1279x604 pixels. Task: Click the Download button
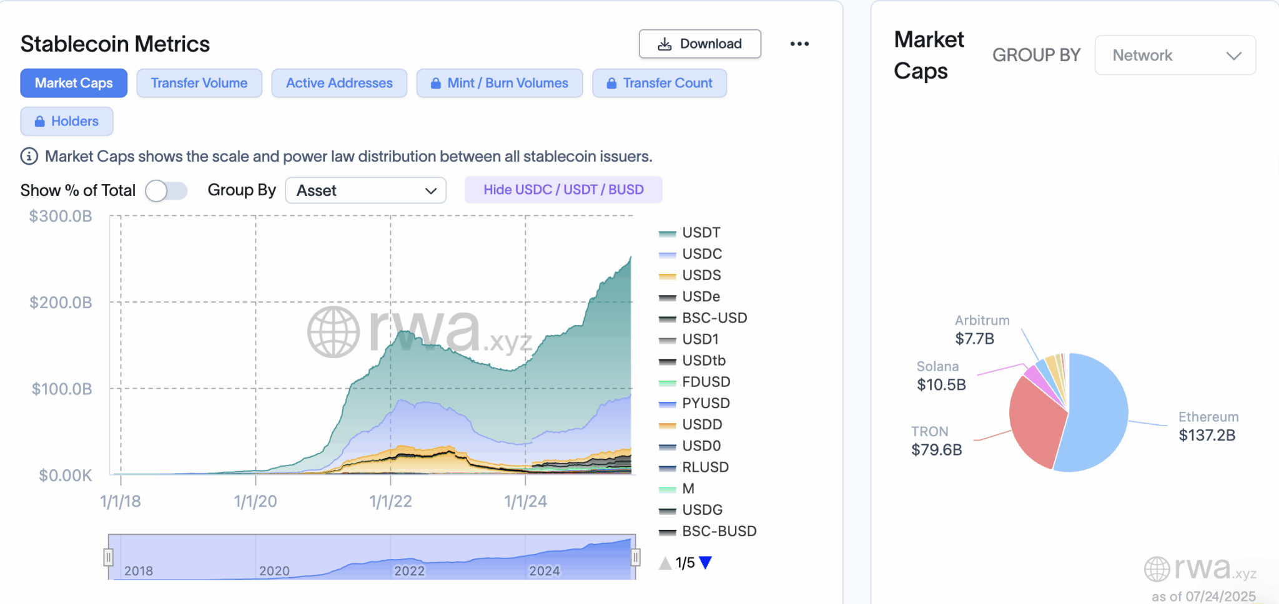[x=699, y=44]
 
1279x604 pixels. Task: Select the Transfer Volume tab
[x=199, y=83]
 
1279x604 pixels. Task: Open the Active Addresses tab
[x=339, y=83]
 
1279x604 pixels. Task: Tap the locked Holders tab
[x=67, y=121]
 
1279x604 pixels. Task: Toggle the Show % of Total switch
[x=166, y=190]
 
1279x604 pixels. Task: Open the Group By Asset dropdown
[x=365, y=190]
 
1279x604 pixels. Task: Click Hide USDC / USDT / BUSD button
[x=563, y=190]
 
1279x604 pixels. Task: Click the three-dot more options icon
[x=799, y=44]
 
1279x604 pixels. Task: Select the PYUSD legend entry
[x=706, y=403]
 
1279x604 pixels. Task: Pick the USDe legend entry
[x=701, y=296]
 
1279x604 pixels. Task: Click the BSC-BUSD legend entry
[x=719, y=531]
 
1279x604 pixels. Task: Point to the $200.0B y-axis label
[x=61, y=303]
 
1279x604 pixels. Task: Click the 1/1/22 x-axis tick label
[x=390, y=501]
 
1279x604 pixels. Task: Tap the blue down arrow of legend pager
[x=706, y=563]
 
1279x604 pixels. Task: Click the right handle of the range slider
[x=635, y=557]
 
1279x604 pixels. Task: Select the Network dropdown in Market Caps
[x=1175, y=56]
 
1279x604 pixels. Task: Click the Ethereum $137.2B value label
[x=1207, y=436]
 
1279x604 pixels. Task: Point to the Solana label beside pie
[x=937, y=366]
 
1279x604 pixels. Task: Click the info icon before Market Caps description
[x=29, y=156]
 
